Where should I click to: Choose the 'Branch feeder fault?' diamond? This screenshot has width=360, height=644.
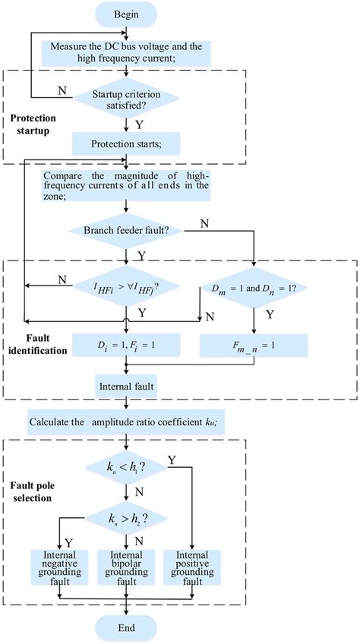tap(126, 227)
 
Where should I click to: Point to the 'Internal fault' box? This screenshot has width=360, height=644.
tap(126, 385)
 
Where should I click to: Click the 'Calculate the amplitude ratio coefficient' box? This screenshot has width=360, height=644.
tap(126, 421)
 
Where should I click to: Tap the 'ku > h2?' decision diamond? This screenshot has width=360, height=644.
tap(126, 519)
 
